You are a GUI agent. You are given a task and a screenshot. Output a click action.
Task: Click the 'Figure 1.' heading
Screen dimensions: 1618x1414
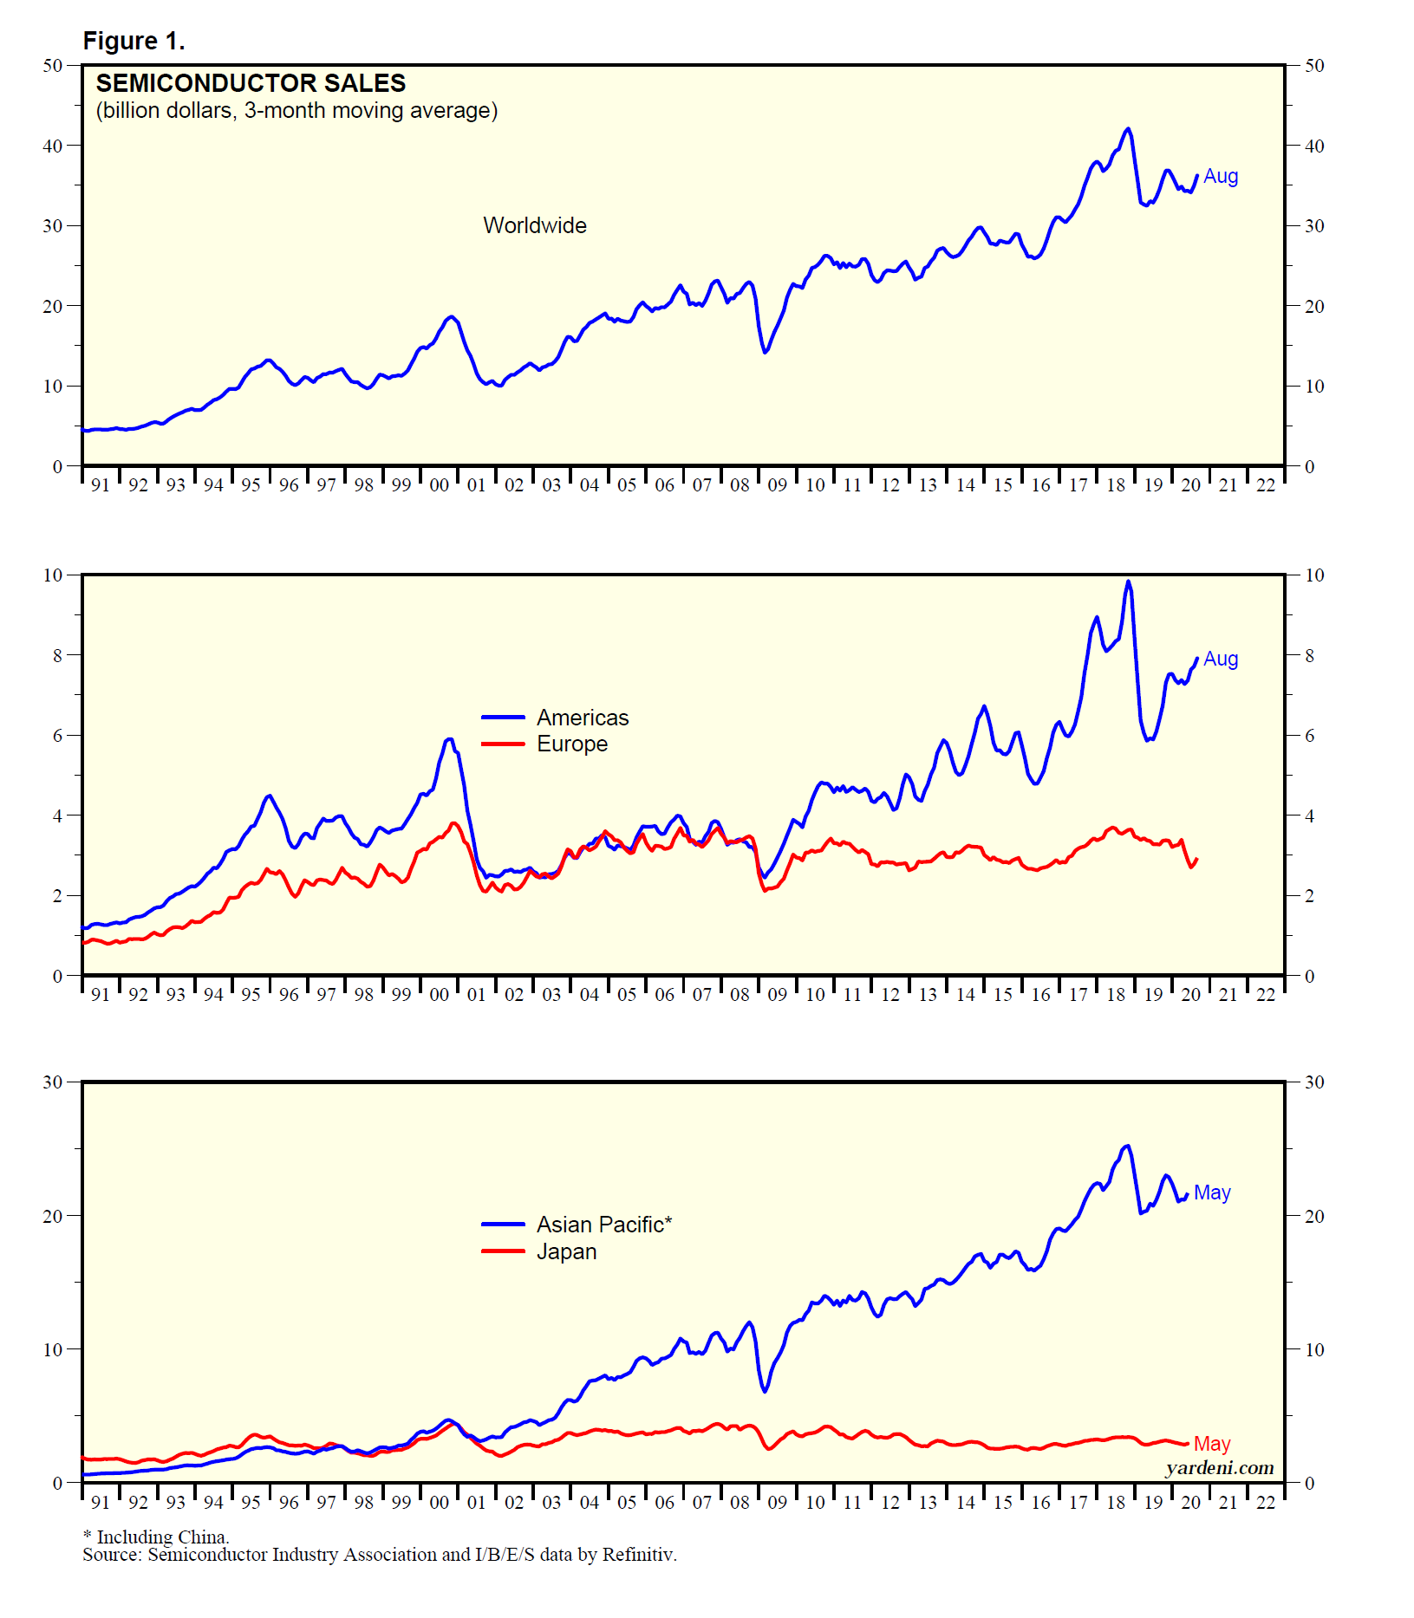(134, 41)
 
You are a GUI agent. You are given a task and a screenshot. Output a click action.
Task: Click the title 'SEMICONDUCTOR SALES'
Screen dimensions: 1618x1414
(251, 83)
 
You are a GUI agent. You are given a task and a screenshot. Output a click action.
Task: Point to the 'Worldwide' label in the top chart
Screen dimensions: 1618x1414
(534, 225)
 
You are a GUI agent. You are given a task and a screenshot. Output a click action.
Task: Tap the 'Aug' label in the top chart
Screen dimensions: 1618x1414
(1220, 176)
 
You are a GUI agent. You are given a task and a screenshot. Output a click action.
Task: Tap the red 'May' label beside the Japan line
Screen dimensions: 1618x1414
(1211, 1444)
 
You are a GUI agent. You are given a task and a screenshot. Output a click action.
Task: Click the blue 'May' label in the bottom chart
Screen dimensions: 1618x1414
(1211, 1192)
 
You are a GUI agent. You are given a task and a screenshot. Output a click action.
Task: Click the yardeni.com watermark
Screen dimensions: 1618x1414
(1219, 1467)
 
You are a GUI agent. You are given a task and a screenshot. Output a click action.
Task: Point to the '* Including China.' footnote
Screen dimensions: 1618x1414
(156, 1537)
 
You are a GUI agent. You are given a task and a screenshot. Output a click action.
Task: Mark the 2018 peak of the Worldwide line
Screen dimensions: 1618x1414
(1128, 129)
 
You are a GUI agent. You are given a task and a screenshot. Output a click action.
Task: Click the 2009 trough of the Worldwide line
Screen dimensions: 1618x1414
(765, 351)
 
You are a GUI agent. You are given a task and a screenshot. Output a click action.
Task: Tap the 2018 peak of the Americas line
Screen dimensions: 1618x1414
(1128, 582)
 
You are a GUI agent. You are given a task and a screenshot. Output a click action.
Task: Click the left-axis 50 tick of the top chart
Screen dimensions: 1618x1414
(53, 66)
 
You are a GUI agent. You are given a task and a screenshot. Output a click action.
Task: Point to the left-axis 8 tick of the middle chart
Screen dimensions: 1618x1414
(58, 656)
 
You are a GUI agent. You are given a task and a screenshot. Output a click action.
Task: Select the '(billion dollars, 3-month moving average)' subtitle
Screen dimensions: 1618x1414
(296, 111)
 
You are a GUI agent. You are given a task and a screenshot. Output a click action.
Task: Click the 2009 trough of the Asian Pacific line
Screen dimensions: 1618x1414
(765, 1391)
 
